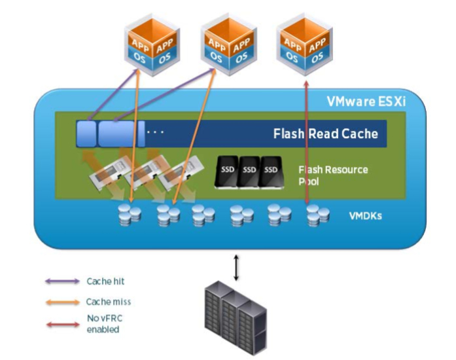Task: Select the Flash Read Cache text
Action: (x=325, y=134)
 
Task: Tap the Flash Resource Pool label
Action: (x=333, y=175)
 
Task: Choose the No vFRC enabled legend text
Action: (x=103, y=322)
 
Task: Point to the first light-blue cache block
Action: (x=86, y=134)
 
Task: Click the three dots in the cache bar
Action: (x=156, y=132)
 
